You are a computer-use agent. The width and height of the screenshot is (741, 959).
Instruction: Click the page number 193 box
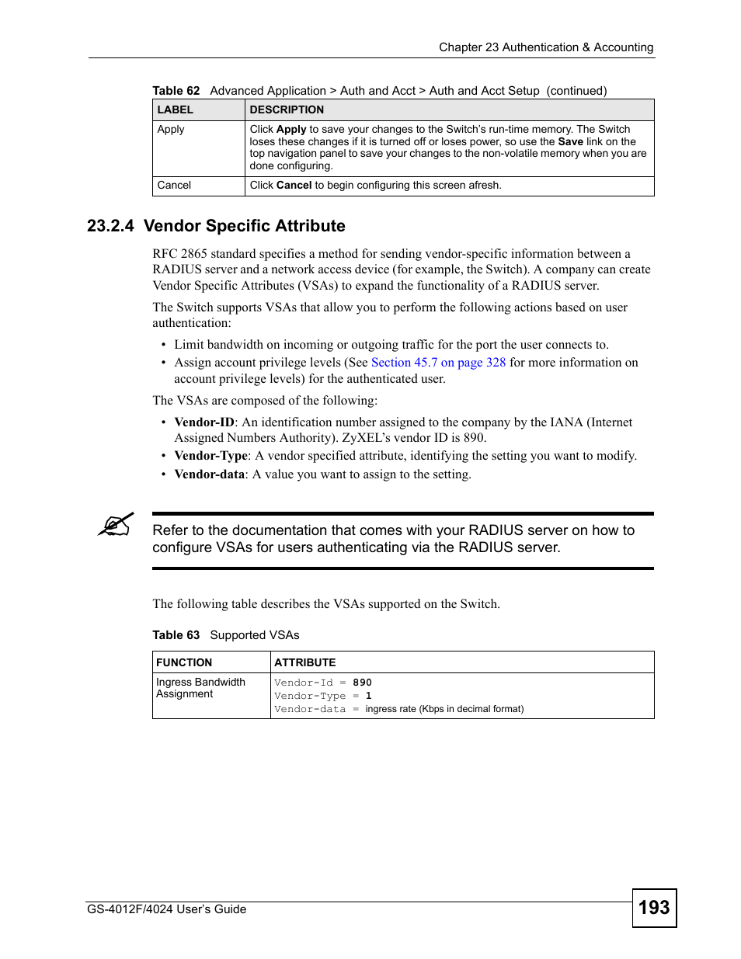[654, 907]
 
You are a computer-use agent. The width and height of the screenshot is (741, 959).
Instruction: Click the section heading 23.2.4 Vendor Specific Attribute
[216, 226]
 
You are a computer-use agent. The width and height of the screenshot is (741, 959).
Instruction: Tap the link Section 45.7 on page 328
[438, 363]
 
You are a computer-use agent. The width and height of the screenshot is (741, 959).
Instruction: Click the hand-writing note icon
[116, 525]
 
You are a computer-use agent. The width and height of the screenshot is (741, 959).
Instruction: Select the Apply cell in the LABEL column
[171, 130]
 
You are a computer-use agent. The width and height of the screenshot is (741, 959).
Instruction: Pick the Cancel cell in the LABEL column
[174, 186]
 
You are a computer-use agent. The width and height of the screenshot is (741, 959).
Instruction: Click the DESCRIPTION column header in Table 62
[287, 110]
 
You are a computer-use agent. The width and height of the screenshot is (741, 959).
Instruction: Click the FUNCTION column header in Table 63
[184, 662]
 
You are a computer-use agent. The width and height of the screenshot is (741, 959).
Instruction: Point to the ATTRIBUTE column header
[304, 662]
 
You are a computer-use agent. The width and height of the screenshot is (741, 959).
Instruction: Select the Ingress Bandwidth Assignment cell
[200, 688]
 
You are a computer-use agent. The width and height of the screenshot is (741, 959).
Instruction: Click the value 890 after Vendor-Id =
[362, 683]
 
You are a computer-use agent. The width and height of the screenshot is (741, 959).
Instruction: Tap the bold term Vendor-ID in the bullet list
[204, 422]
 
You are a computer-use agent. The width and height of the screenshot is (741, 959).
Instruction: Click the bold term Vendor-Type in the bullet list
[210, 456]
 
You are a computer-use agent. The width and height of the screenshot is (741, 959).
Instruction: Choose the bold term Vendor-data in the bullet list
[209, 474]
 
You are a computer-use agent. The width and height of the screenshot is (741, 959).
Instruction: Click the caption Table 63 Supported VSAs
[225, 635]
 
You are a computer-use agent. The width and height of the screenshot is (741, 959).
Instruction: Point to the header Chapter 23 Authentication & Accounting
[545, 47]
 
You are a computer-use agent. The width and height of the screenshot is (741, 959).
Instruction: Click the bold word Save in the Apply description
[570, 142]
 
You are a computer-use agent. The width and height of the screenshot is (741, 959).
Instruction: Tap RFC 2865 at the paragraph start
[179, 254]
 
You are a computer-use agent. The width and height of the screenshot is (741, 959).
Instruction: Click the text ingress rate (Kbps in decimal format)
[444, 709]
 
